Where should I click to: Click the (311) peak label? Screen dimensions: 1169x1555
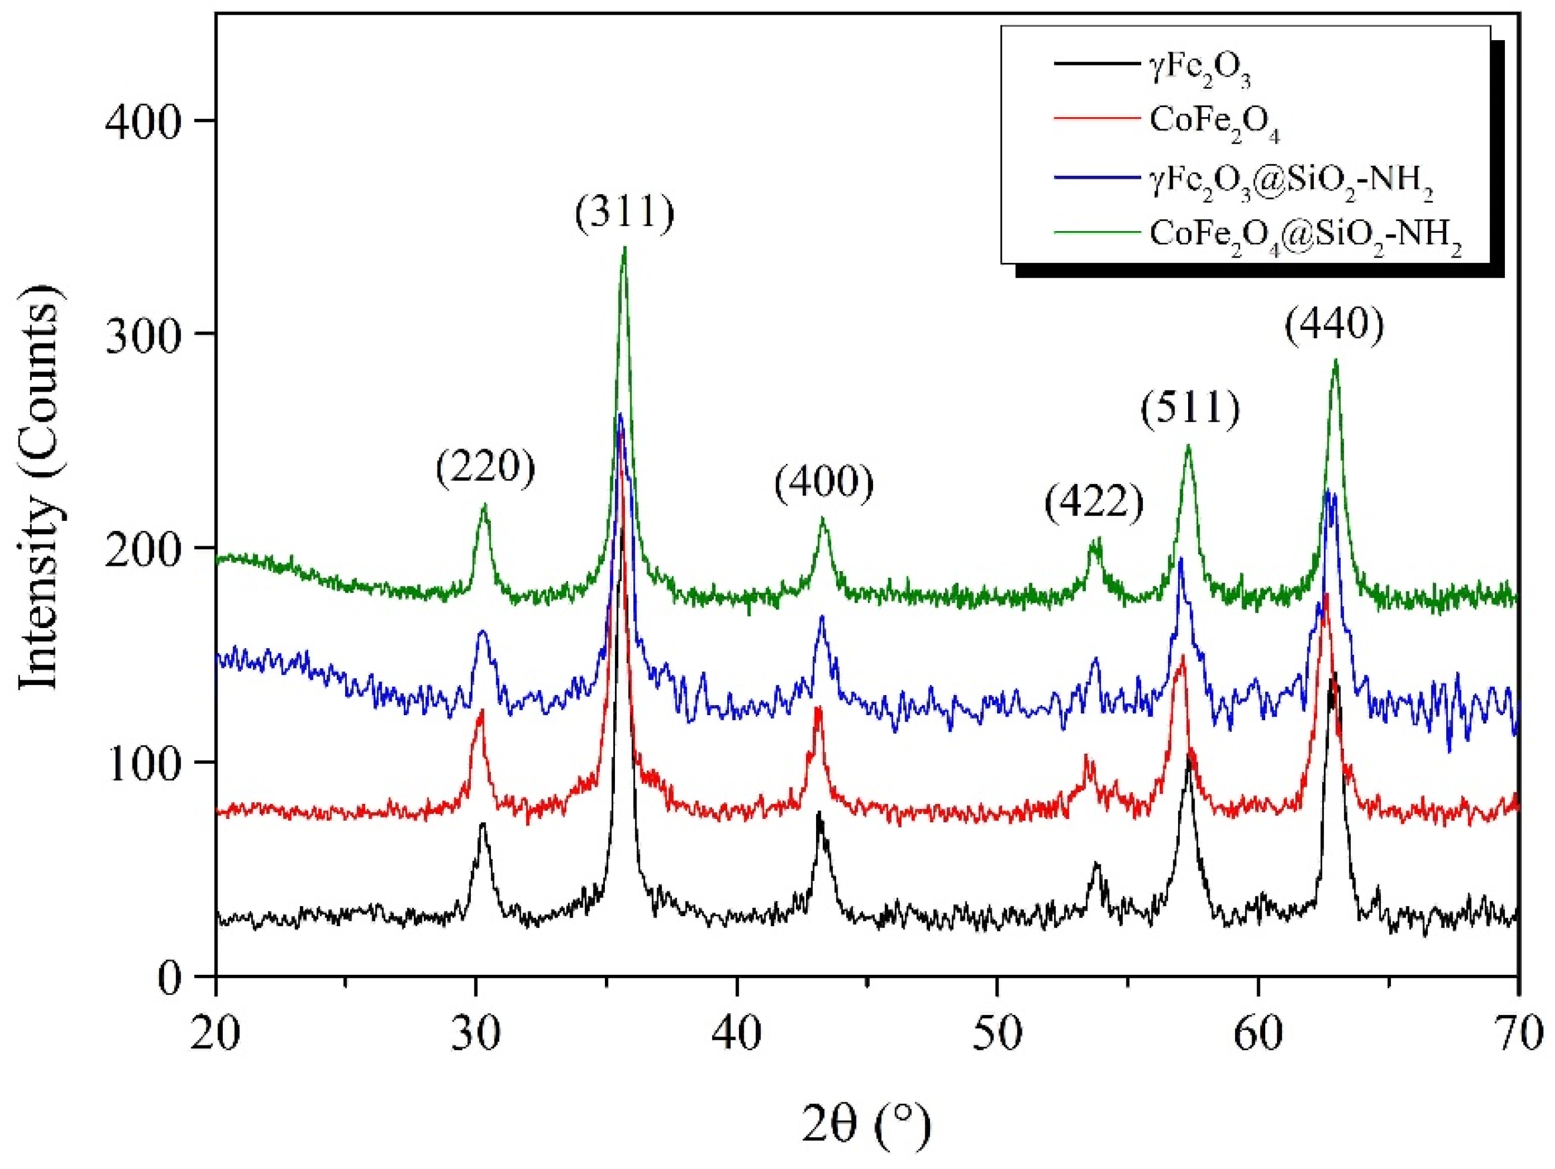tap(624, 214)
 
